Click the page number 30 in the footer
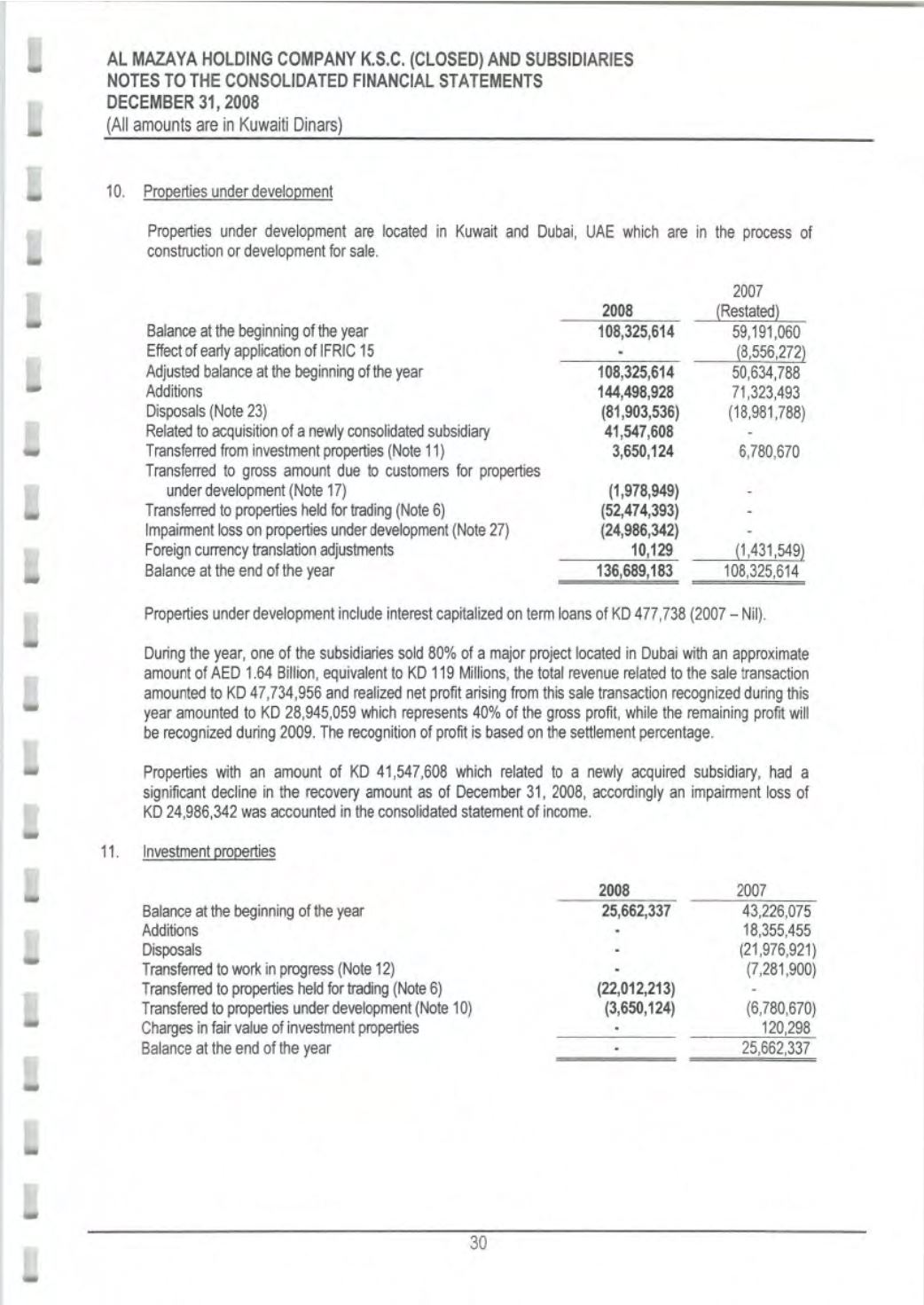[x=479, y=1243]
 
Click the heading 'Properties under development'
[x=238, y=192]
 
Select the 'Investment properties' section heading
[x=208, y=852]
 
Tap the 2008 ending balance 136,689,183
[x=638, y=570]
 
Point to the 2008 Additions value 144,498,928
[x=638, y=391]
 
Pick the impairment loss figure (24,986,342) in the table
[x=638, y=531]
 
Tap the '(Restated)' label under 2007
[x=748, y=311]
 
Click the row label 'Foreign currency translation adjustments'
[x=269, y=550]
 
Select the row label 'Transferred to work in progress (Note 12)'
[x=268, y=969]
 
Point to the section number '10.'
[x=114, y=192]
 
